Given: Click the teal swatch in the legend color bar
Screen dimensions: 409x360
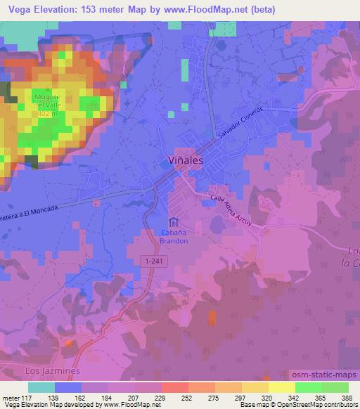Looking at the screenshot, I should coord(41,387).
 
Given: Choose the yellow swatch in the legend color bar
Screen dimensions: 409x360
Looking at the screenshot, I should coord(281,387).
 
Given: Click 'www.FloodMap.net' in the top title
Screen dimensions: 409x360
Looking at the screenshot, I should coord(215,10).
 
